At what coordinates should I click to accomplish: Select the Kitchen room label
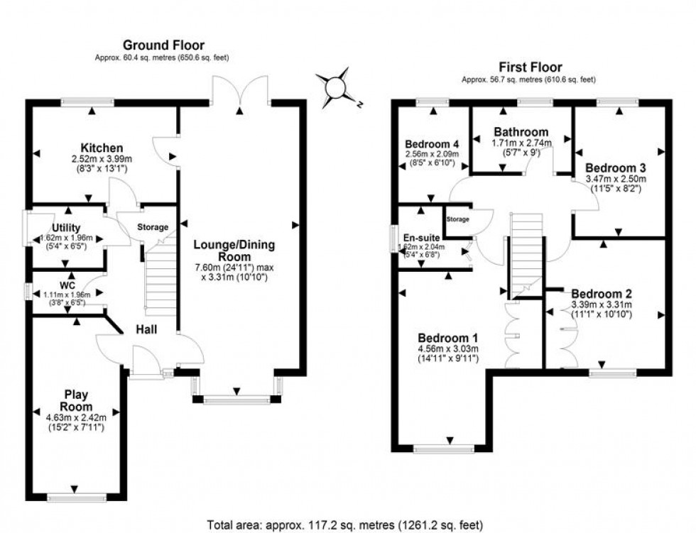pos(102,147)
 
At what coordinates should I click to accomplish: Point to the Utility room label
pos(67,227)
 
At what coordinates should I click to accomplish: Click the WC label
pos(67,285)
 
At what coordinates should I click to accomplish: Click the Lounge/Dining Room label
pos(235,251)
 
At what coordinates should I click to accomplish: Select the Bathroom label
pos(521,132)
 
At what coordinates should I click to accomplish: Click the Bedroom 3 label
pos(615,167)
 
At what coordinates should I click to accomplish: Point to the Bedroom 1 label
pos(447,337)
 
